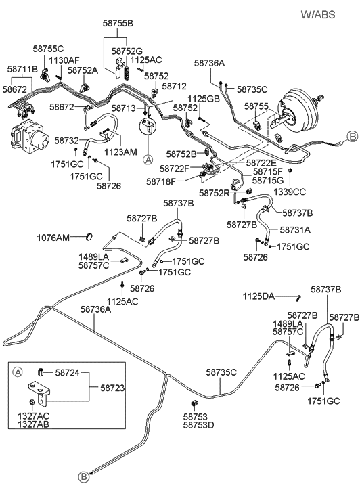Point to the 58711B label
(22, 69)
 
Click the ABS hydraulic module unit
(30, 136)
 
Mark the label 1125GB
(204, 99)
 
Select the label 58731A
(294, 229)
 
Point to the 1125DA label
(260, 296)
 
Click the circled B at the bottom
(84, 478)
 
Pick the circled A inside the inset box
(18, 371)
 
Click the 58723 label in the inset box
(113, 388)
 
